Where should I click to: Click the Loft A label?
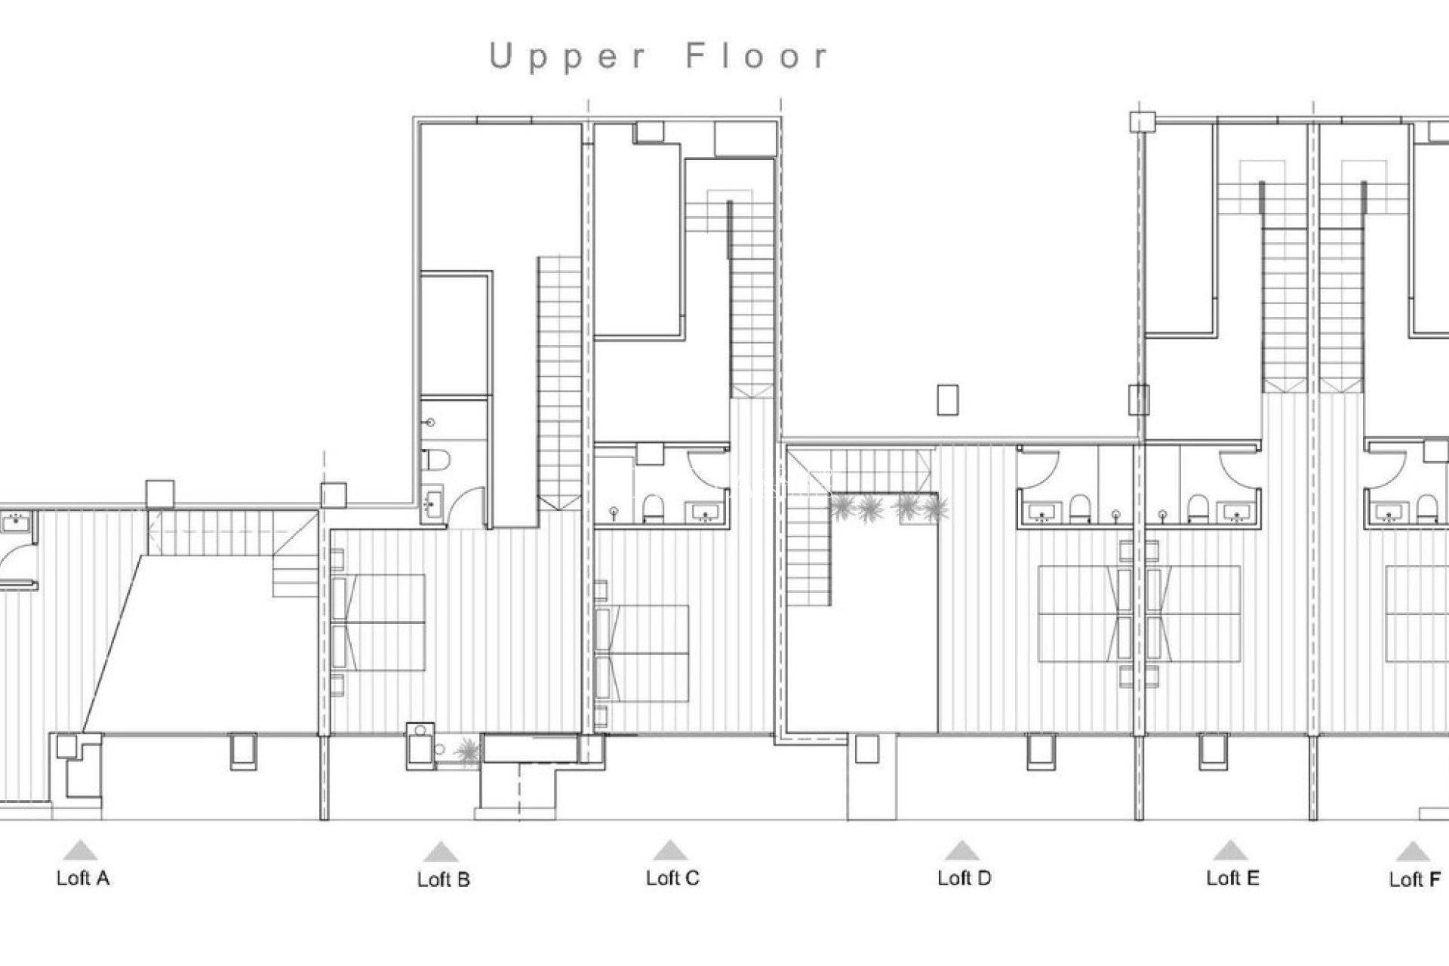pos(83,878)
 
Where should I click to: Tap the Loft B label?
pos(444,879)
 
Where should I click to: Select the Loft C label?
pos(672,878)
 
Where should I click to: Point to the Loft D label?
pos(964,878)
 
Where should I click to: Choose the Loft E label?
pos(1232,878)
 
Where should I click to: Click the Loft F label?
pos(1414,879)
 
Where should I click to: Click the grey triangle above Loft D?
pos(961,851)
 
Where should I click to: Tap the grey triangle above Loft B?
pos(441,853)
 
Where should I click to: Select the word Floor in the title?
pos(757,57)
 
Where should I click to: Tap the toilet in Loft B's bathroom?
pos(436,460)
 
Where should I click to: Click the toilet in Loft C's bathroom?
pos(653,509)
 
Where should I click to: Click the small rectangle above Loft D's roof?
pos(947,399)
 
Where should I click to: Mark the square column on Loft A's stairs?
pos(159,494)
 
